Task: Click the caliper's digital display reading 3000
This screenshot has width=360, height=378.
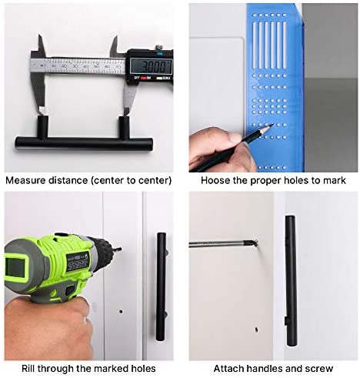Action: point(151,66)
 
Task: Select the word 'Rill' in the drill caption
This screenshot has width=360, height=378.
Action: point(28,369)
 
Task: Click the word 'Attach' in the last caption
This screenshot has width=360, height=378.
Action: point(228,369)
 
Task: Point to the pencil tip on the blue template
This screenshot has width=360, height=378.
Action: point(273,125)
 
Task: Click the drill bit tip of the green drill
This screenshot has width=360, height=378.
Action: point(120,249)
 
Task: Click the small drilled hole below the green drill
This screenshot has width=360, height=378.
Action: point(121,312)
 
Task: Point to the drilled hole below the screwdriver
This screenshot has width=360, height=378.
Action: point(256,329)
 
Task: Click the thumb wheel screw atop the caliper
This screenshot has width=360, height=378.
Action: point(158,48)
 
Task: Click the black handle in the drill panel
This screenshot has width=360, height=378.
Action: point(161,287)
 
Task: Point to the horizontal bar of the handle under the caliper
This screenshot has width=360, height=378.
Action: point(84,142)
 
